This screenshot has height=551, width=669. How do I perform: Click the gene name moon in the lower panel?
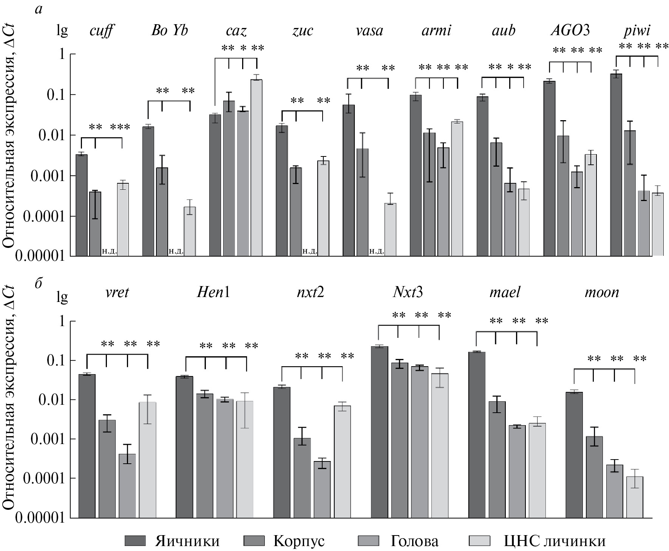[602, 293]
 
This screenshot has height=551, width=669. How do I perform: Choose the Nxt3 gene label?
[408, 293]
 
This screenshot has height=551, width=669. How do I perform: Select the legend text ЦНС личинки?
[555, 541]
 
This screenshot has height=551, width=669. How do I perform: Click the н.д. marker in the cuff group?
[110, 251]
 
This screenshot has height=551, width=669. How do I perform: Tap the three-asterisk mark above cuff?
[120, 127]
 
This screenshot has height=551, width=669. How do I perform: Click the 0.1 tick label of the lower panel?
[56, 361]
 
